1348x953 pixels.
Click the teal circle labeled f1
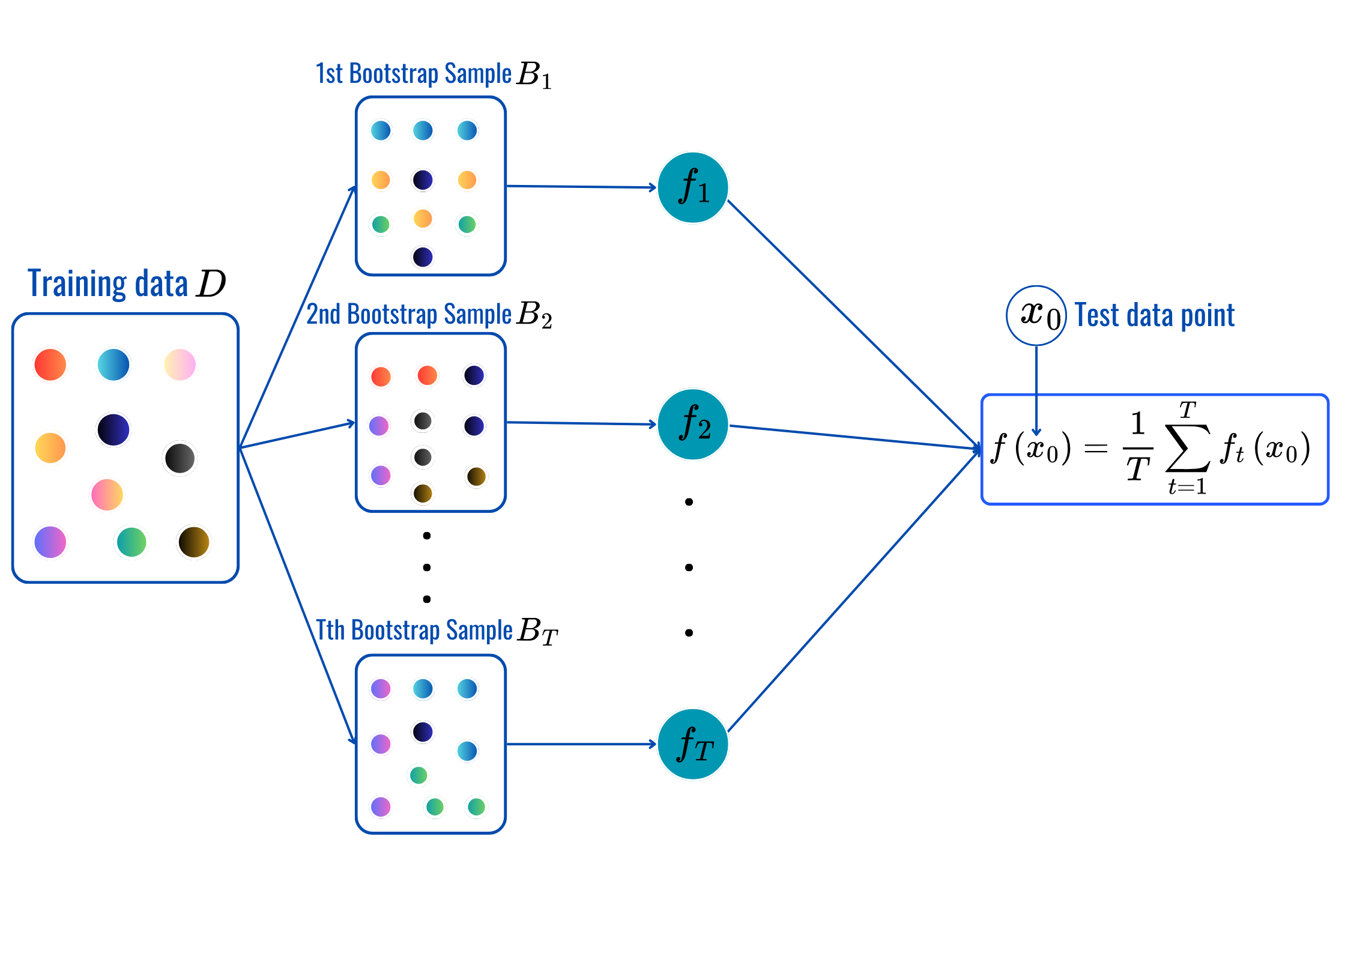[x=693, y=187]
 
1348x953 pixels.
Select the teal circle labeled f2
[x=693, y=425]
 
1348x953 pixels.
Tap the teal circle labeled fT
[x=693, y=744]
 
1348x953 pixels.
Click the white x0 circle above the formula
[x=1036, y=315]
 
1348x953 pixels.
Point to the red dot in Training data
[x=50, y=365]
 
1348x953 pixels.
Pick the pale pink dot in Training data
[x=180, y=365]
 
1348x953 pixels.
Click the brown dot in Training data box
[x=193, y=542]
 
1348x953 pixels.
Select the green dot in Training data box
[x=131, y=542]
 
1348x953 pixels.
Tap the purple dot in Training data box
[x=50, y=542]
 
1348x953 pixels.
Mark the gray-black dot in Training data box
[x=180, y=458]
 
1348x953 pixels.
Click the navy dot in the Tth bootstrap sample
[x=423, y=731]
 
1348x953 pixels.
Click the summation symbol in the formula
[x=1187, y=448]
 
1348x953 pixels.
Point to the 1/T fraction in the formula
[x=1138, y=448]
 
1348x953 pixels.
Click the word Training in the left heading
[x=77, y=284]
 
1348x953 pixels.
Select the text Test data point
[x=1154, y=315]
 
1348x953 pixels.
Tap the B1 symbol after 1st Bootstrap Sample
[x=534, y=75]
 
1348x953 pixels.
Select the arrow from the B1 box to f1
[x=581, y=187]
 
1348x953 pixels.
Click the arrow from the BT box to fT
[x=581, y=744]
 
